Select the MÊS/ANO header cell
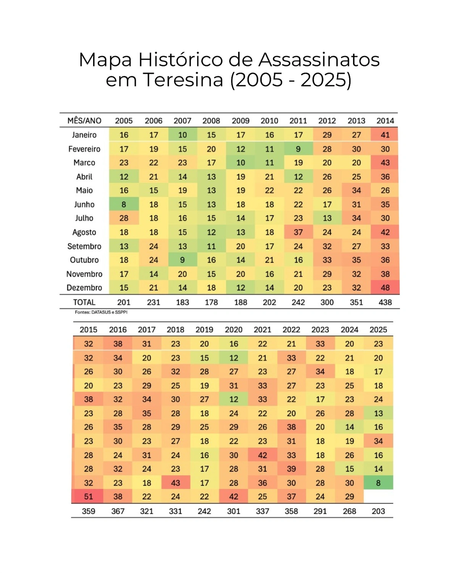point(84,121)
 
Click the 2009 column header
point(240,121)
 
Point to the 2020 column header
point(234,329)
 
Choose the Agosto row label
point(84,232)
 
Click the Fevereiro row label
point(84,149)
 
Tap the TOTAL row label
point(84,302)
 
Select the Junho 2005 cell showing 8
point(124,204)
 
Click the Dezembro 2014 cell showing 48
point(385,287)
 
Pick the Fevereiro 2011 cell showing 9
point(298,149)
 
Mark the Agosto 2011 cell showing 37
point(298,232)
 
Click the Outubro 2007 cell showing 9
point(182,260)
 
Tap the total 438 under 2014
point(385,302)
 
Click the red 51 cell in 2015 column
point(89,497)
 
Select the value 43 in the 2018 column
point(176,483)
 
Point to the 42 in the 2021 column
point(263,455)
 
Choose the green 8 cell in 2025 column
point(378,483)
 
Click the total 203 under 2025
point(378,511)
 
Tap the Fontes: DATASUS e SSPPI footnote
point(101,312)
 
